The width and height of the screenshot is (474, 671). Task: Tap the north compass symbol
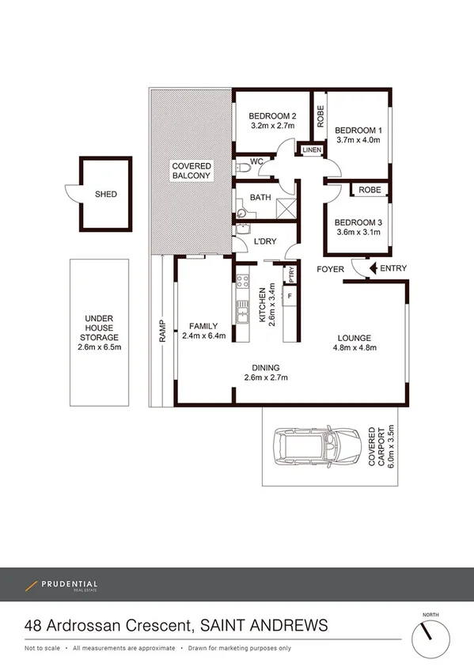point(430,634)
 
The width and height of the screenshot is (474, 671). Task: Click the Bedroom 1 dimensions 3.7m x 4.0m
point(358,140)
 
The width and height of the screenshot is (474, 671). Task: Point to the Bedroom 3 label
point(358,222)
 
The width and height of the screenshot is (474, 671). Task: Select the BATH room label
point(260,198)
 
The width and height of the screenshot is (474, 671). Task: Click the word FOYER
point(331,269)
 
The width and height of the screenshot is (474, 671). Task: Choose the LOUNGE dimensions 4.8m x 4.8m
point(354,347)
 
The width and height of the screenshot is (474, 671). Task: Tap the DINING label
point(266,366)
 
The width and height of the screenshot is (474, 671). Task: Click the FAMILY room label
point(203,325)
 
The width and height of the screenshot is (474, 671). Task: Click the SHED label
point(106,194)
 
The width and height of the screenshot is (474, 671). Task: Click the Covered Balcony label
point(192,170)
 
